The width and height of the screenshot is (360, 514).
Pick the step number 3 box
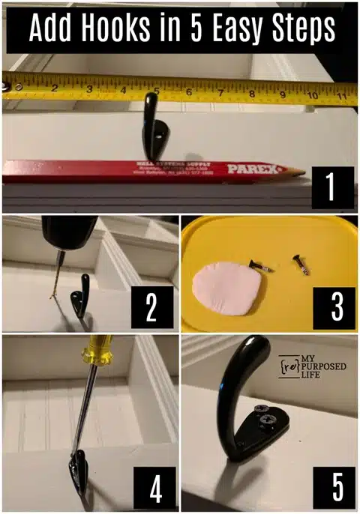331,306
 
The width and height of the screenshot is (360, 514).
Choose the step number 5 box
337,486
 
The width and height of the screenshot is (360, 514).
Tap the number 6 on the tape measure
188,93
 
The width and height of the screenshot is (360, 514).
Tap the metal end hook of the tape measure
10,87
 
